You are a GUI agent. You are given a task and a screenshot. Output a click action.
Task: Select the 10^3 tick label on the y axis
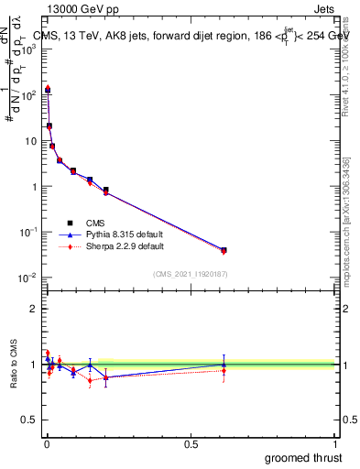point(28,49)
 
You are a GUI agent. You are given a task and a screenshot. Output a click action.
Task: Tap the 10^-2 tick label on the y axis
point(28,278)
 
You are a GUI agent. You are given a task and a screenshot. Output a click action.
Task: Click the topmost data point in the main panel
point(48,90)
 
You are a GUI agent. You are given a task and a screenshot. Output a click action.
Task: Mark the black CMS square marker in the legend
point(70,222)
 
